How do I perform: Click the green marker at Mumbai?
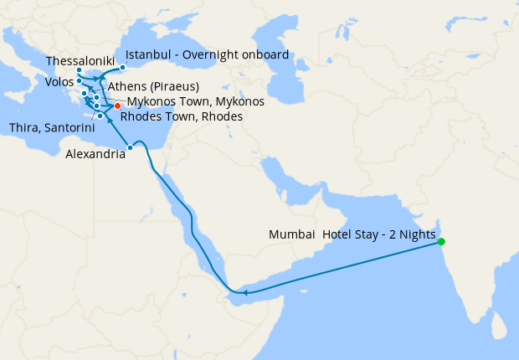[x=441, y=242]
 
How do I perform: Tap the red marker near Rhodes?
[x=117, y=105]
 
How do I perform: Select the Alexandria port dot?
[x=130, y=148]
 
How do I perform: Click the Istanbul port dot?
[x=122, y=67]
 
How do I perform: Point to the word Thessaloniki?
[x=80, y=62]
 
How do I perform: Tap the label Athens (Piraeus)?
[x=153, y=86]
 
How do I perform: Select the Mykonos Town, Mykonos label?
[x=195, y=101]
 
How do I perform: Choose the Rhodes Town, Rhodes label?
[x=182, y=116]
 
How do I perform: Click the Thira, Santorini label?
[x=47, y=127]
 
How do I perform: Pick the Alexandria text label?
[x=96, y=155]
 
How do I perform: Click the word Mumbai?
[x=291, y=234]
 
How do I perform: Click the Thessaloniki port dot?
[x=80, y=70]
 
